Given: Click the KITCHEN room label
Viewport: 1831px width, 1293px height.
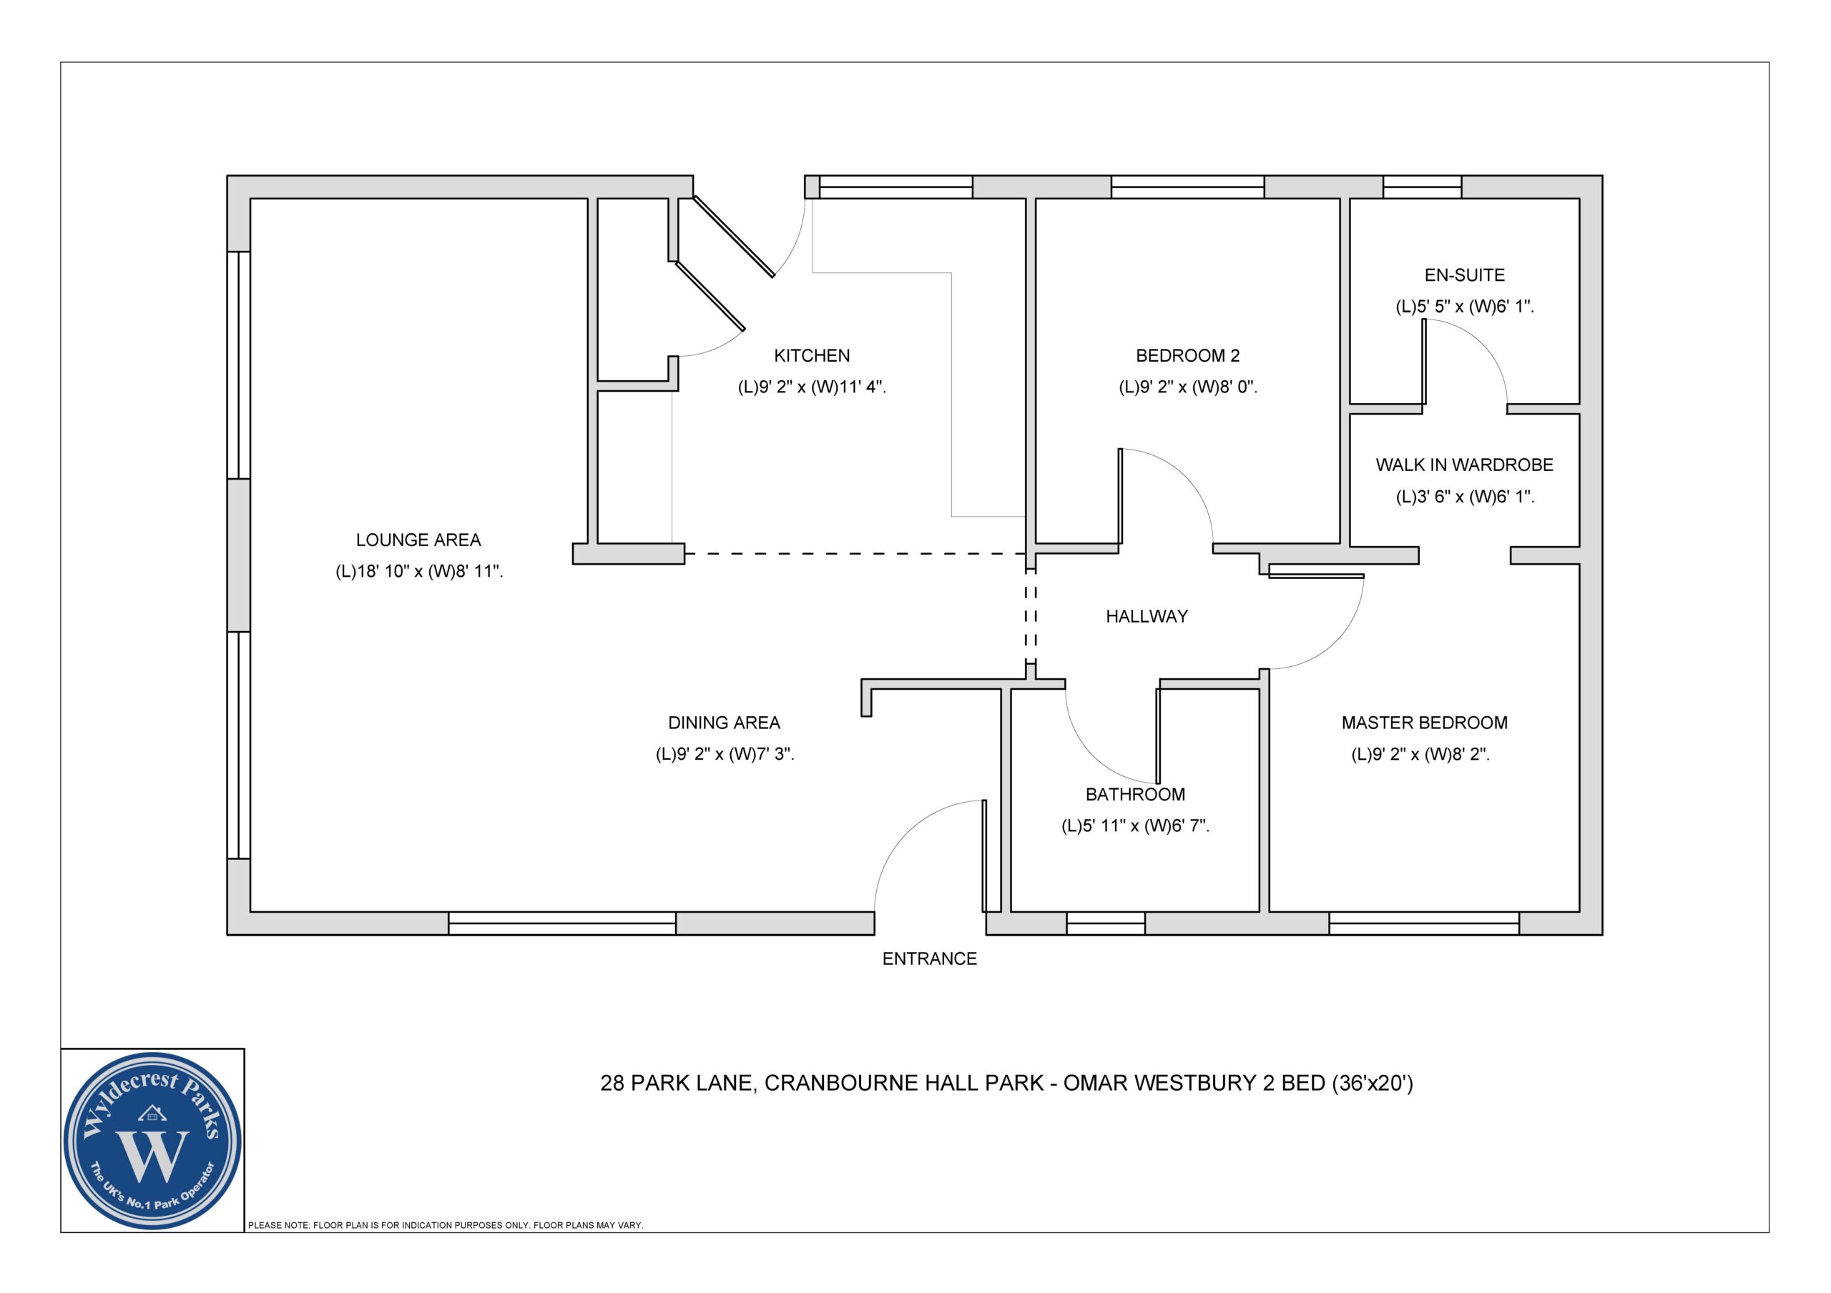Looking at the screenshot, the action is click(811, 355).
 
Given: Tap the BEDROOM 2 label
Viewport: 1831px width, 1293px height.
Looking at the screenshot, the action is click(1187, 355).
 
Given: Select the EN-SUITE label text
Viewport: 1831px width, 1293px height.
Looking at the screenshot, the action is click(1464, 275).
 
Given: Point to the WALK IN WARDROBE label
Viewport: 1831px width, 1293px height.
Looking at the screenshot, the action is click(1464, 465).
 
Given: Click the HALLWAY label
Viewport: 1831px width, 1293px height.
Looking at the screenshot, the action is click(1147, 616).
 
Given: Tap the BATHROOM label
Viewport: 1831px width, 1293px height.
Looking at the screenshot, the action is click(1135, 795).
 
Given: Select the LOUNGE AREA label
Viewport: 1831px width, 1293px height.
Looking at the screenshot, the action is click(418, 540).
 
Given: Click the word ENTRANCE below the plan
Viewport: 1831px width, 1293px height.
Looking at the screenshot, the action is click(929, 959).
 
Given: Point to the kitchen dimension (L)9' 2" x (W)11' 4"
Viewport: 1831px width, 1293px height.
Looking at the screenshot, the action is click(811, 387).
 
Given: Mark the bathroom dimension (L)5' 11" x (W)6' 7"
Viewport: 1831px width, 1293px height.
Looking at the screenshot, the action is click(1135, 826).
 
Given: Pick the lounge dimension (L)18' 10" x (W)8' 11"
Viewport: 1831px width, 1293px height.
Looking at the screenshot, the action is click(418, 572).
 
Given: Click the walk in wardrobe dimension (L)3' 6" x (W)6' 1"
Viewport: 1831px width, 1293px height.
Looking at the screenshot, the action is click(1464, 497).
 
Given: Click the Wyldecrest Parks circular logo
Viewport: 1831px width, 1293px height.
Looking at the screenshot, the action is click(152, 1141).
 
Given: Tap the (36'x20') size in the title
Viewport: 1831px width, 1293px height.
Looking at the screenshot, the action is click(1372, 1084).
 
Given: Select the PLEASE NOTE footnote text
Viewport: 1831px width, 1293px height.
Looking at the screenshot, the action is click(445, 1225).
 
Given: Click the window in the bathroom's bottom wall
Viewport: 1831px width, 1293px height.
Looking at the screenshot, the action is click(1105, 923).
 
